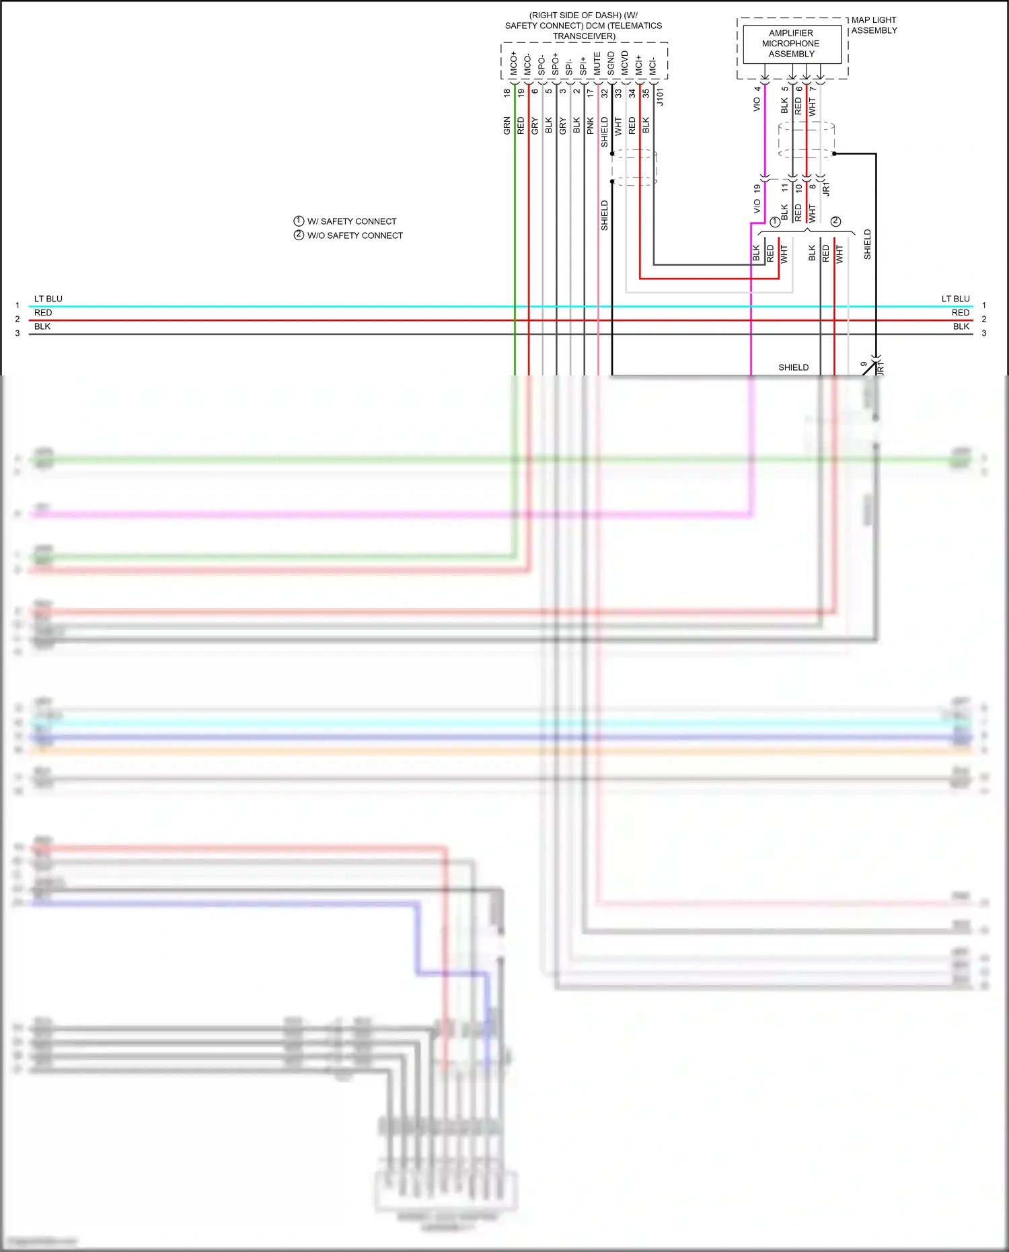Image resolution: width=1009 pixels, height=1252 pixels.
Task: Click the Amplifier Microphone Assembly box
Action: click(792, 44)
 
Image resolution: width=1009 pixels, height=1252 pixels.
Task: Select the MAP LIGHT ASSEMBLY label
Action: click(874, 26)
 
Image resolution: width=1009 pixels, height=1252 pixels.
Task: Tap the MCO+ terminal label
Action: click(514, 64)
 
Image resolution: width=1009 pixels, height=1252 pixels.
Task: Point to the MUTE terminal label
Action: click(597, 64)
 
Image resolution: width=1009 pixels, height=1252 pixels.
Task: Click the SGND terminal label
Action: click(611, 64)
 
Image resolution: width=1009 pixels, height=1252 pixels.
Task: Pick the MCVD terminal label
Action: click(625, 64)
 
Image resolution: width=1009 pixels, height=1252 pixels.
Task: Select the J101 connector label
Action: click(660, 97)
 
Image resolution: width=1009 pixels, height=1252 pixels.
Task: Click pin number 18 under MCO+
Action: click(507, 94)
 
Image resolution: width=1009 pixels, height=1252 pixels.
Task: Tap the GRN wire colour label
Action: click(507, 126)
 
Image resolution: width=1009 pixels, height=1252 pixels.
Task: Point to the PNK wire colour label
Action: click(591, 126)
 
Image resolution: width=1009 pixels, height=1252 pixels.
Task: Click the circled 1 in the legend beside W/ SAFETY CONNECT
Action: click(299, 221)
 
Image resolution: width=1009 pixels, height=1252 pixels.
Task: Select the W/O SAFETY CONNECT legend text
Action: click(355, 235)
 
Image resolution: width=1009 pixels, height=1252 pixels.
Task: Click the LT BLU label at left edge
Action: click(48, 299)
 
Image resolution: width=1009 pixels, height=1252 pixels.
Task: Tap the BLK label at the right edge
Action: click(961, 326)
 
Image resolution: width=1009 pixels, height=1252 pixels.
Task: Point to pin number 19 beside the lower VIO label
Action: click(757, 189)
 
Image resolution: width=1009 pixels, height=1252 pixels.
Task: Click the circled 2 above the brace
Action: click(835, 221)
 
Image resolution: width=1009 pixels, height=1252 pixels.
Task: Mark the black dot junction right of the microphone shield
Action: click(834, 153)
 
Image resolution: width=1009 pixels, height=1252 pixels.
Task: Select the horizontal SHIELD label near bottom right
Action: click(793, 367)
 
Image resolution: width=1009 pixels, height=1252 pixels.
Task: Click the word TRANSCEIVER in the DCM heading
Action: click(584, 36)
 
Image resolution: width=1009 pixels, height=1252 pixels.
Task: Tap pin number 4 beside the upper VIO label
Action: click(757, 89)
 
